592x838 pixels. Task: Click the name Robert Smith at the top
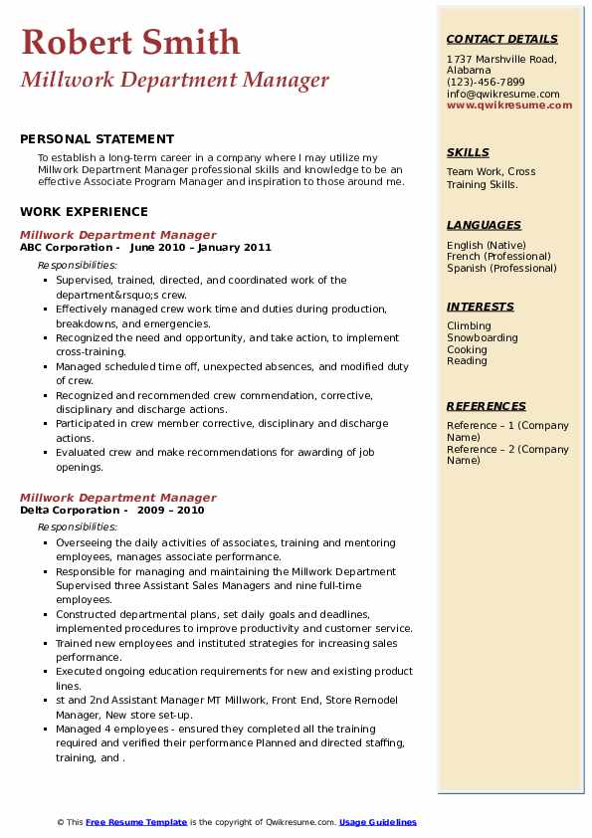click(130, 42)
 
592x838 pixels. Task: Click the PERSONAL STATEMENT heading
click(97, 139)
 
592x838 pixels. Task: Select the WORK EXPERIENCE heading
click(84, 212)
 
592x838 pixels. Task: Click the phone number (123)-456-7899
click(486, 83)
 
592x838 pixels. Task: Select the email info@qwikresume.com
click(502, 94)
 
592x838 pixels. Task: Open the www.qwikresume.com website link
click(509, 105)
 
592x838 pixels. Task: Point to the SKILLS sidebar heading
click(468, 152)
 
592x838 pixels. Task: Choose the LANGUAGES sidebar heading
click(484, 225)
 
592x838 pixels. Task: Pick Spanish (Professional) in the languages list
click(501, 268)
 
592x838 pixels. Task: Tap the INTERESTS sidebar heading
click(481, 307)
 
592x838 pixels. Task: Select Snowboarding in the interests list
click(483, 338)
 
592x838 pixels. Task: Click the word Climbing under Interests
click(469, 326)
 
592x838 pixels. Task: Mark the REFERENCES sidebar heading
click(487, 406)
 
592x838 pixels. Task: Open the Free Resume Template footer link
click(136, 822)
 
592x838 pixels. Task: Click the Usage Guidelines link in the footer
click(378, 822)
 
